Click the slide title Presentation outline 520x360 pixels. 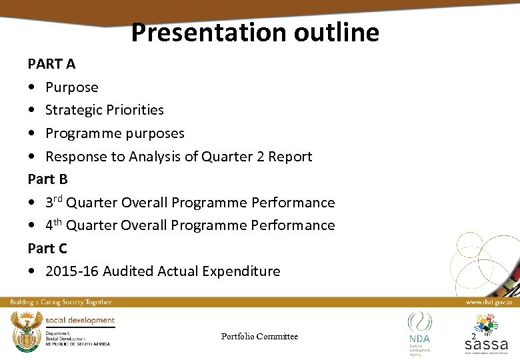click(255, 32)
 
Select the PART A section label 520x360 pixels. click(51, 64)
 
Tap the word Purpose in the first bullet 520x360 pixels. click(71, 87)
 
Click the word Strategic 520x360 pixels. click(72, 110)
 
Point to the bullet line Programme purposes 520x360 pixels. click(115, 133)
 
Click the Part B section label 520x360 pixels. click(47, 179)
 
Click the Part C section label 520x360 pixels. click(47, 248)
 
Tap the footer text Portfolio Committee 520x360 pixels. click(259, 337)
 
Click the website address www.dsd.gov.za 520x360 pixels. click(488, 302)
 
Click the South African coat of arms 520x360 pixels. click(25, 329)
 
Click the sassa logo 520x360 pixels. click(486, 336)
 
